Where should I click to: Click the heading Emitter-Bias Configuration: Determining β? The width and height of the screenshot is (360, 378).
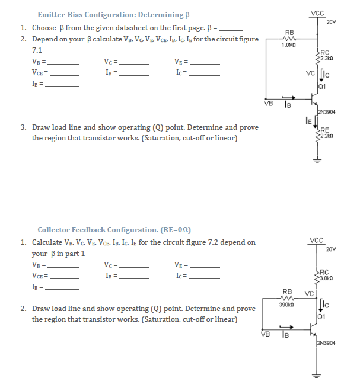113,14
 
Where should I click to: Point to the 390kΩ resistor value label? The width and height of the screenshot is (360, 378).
288,304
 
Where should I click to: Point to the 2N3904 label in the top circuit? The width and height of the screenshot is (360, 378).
327,111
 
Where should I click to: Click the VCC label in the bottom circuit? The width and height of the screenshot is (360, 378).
317,240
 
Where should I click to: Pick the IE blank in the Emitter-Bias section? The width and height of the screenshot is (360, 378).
63,85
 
